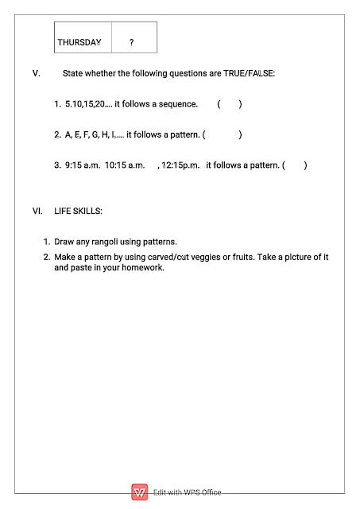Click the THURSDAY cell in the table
pyautogui.click(x=79, y=41)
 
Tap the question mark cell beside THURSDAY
pyautogui.click(x=131, y=41)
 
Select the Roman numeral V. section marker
pyautogui.click(x=37, y=73)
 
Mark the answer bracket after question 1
pyautogui.click(x=229, y=104)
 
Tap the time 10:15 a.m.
pyautogui.click(x=125, y=165)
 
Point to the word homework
pyautogui.click(x=142, y=268)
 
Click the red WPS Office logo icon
pyautogui.click(x=140, y=492)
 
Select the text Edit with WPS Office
pyautogui.click(x=187, y=493)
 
